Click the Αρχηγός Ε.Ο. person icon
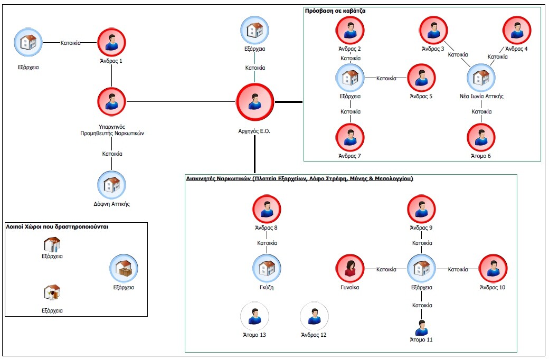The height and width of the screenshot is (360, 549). click(254, 102)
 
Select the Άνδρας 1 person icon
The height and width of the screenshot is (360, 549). click(111, 42)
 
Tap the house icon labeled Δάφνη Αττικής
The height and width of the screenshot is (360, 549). click(111, 185)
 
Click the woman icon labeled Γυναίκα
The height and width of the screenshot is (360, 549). click(350, 269)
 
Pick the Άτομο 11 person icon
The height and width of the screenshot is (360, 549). click(421, 328)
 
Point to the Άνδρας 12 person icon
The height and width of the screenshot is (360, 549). click(314, 316)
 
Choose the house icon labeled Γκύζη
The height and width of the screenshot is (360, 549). click(267, 269)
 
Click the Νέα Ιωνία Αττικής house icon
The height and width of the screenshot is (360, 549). click(481, 78)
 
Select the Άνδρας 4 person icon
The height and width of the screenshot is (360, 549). click(517, 31)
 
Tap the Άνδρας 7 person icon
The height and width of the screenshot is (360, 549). click(350, 137)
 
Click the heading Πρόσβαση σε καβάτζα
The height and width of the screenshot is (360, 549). click(335, 11)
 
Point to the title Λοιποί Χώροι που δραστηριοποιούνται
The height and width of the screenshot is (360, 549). click(57, 226)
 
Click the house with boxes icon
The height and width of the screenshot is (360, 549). click(124, 269)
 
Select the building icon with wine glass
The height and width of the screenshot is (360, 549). click(52, 292)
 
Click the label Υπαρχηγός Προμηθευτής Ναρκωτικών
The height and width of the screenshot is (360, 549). click(112, 130)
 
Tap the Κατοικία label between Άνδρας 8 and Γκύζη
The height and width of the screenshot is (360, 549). click(267, 243)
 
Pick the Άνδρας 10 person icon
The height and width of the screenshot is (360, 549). click(493, 269)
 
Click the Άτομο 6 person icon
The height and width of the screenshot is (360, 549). click(481, 137)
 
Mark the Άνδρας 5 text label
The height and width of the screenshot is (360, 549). click(421, 96)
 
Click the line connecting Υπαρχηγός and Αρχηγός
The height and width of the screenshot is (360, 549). click(181, 102)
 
